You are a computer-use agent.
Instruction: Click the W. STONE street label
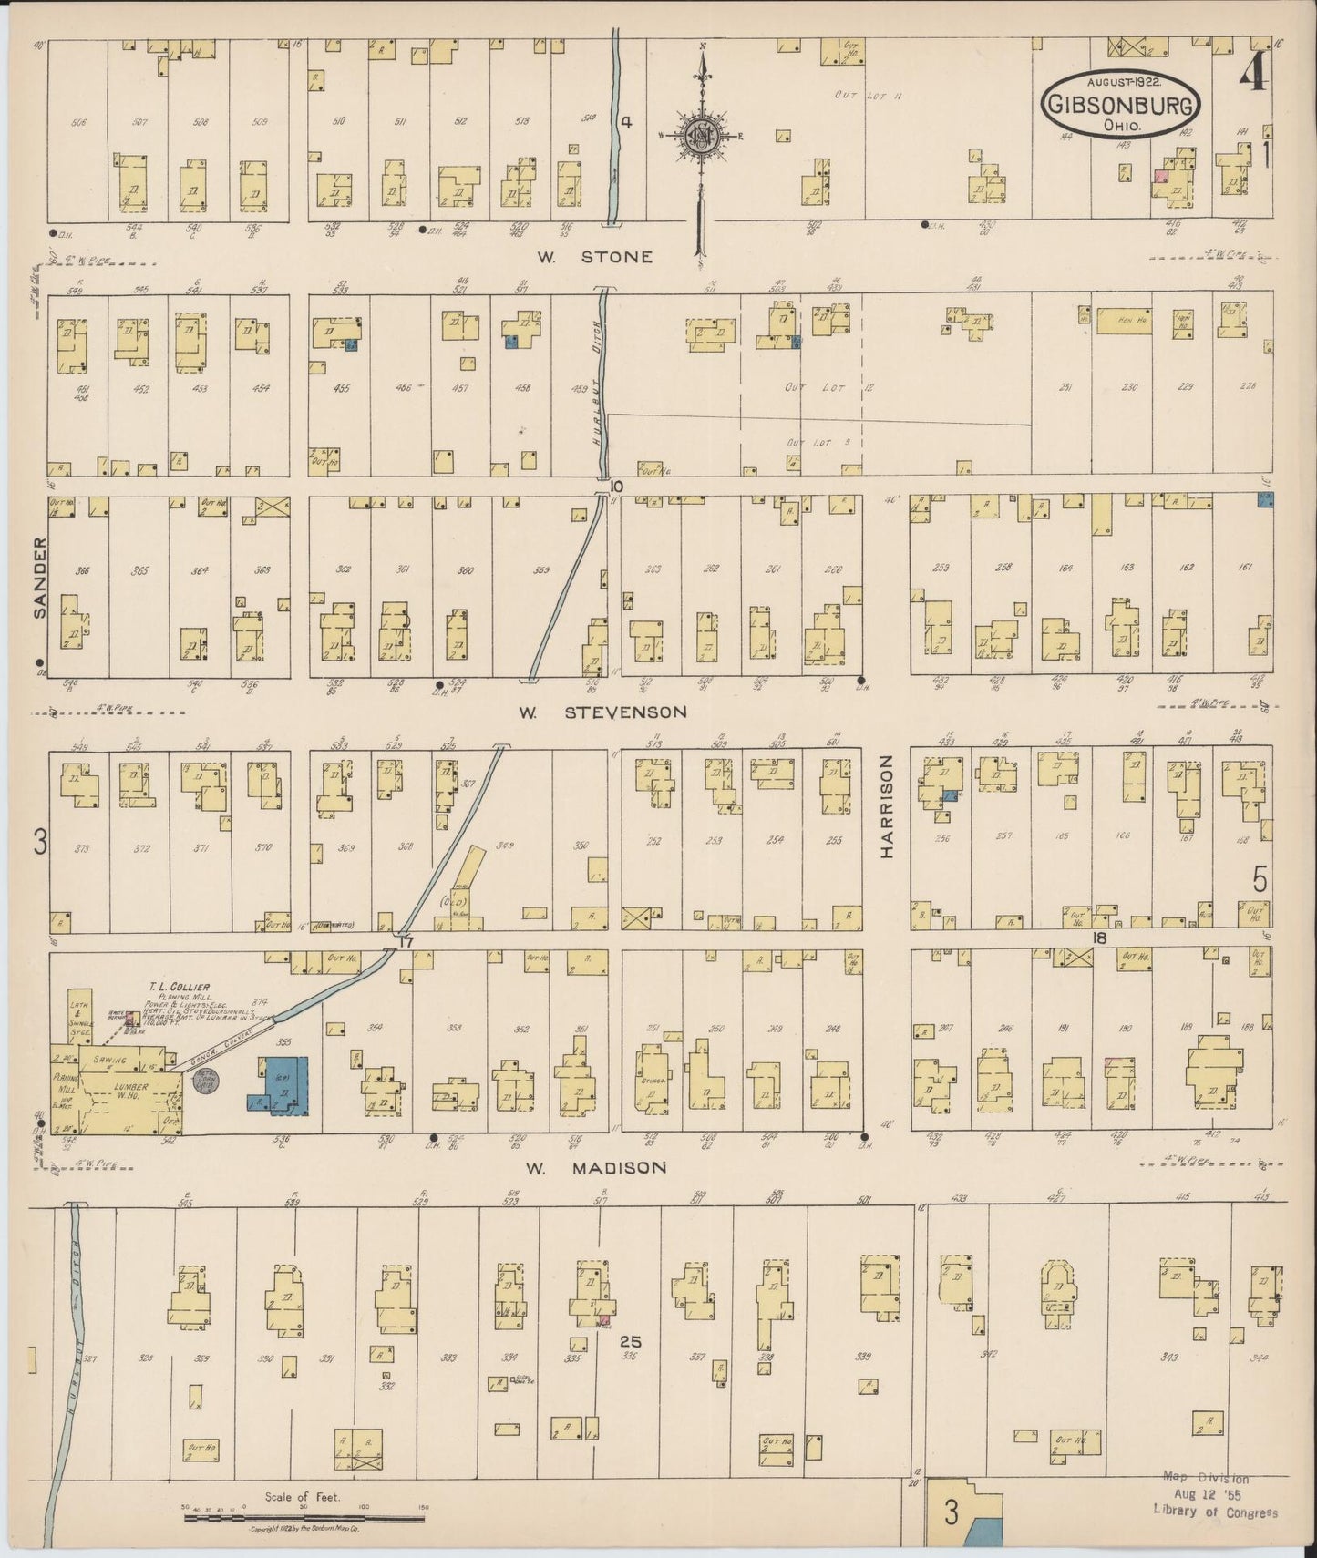pyautogui.click(x=594, y=257)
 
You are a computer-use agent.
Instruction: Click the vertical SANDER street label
pyautogui.click(x=39, y=578)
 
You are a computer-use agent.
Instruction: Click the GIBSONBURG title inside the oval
pyautogui.click(x=1120, y=106)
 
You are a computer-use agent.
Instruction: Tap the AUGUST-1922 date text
pyautogui.click(x=1121, y=81)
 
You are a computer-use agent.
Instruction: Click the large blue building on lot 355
pyautogui.click(x=278, y=1084)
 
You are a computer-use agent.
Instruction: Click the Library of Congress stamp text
pyautogui.click(x=1215, y=1512)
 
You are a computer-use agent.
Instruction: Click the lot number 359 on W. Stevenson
pyautogui.click(x=541, y=571)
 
